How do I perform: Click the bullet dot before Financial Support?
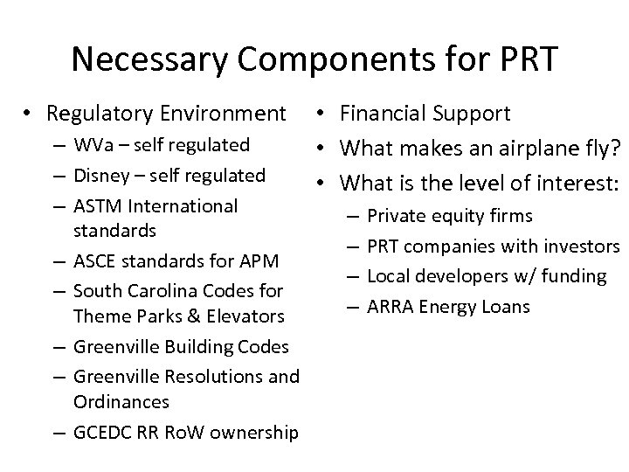pyautogui.click(x=322, y=114)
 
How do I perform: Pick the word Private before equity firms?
pyautogui.click(x=395, y=215)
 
